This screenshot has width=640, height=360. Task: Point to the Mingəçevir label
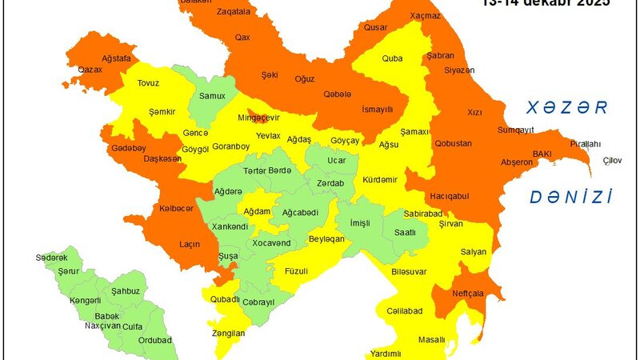click(261, 118)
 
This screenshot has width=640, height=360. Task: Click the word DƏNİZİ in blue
click(572, 197)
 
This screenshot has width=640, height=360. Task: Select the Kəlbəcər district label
click(177, 208)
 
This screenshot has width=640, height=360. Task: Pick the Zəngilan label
click(229, 333)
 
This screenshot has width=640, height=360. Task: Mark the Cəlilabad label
click(403, 310)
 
